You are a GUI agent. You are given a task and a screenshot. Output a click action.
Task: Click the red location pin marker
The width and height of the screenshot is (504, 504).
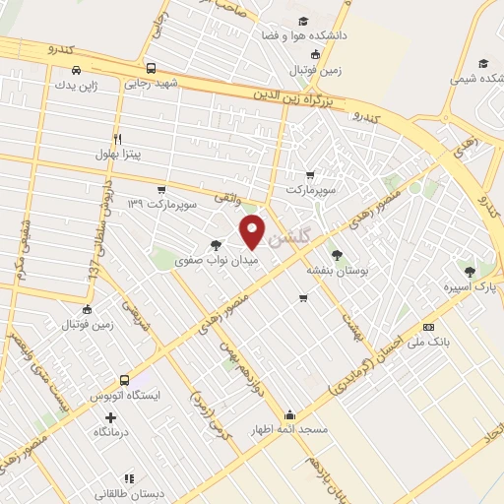pos(253,230)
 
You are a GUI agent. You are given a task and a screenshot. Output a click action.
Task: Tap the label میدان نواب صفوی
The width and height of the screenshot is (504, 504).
pos(203,262)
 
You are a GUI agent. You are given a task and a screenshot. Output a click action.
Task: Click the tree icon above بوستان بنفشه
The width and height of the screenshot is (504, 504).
pos(338,254)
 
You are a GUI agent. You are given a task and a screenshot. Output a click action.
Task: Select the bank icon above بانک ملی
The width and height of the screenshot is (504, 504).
pos(428,326)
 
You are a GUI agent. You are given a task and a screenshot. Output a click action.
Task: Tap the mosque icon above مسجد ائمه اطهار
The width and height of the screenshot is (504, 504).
pos(288,414)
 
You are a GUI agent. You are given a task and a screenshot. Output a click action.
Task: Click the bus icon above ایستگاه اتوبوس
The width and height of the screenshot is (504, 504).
pos(124,380)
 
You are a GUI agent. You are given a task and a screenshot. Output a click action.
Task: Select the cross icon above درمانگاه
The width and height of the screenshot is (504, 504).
pos(123,417)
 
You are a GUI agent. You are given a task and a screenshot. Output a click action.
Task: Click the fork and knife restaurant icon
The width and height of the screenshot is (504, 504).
pos(118,139)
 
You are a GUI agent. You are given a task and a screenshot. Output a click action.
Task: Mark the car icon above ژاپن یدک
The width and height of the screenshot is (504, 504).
pos(77,70)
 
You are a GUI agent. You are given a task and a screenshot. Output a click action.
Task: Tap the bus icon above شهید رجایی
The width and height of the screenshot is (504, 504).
pos(151,69)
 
